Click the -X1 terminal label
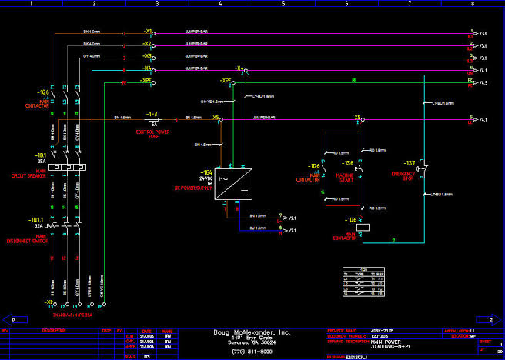[x=148, y=33]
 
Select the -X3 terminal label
[x=148, y=57]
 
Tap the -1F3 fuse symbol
[x=154, y=119]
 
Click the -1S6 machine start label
[x=348, y=164]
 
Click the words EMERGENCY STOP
[x=402, y=176]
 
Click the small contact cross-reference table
[x=363, y=282]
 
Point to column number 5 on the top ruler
[x=283, y=4]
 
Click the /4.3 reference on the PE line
[x=482, y=82]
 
